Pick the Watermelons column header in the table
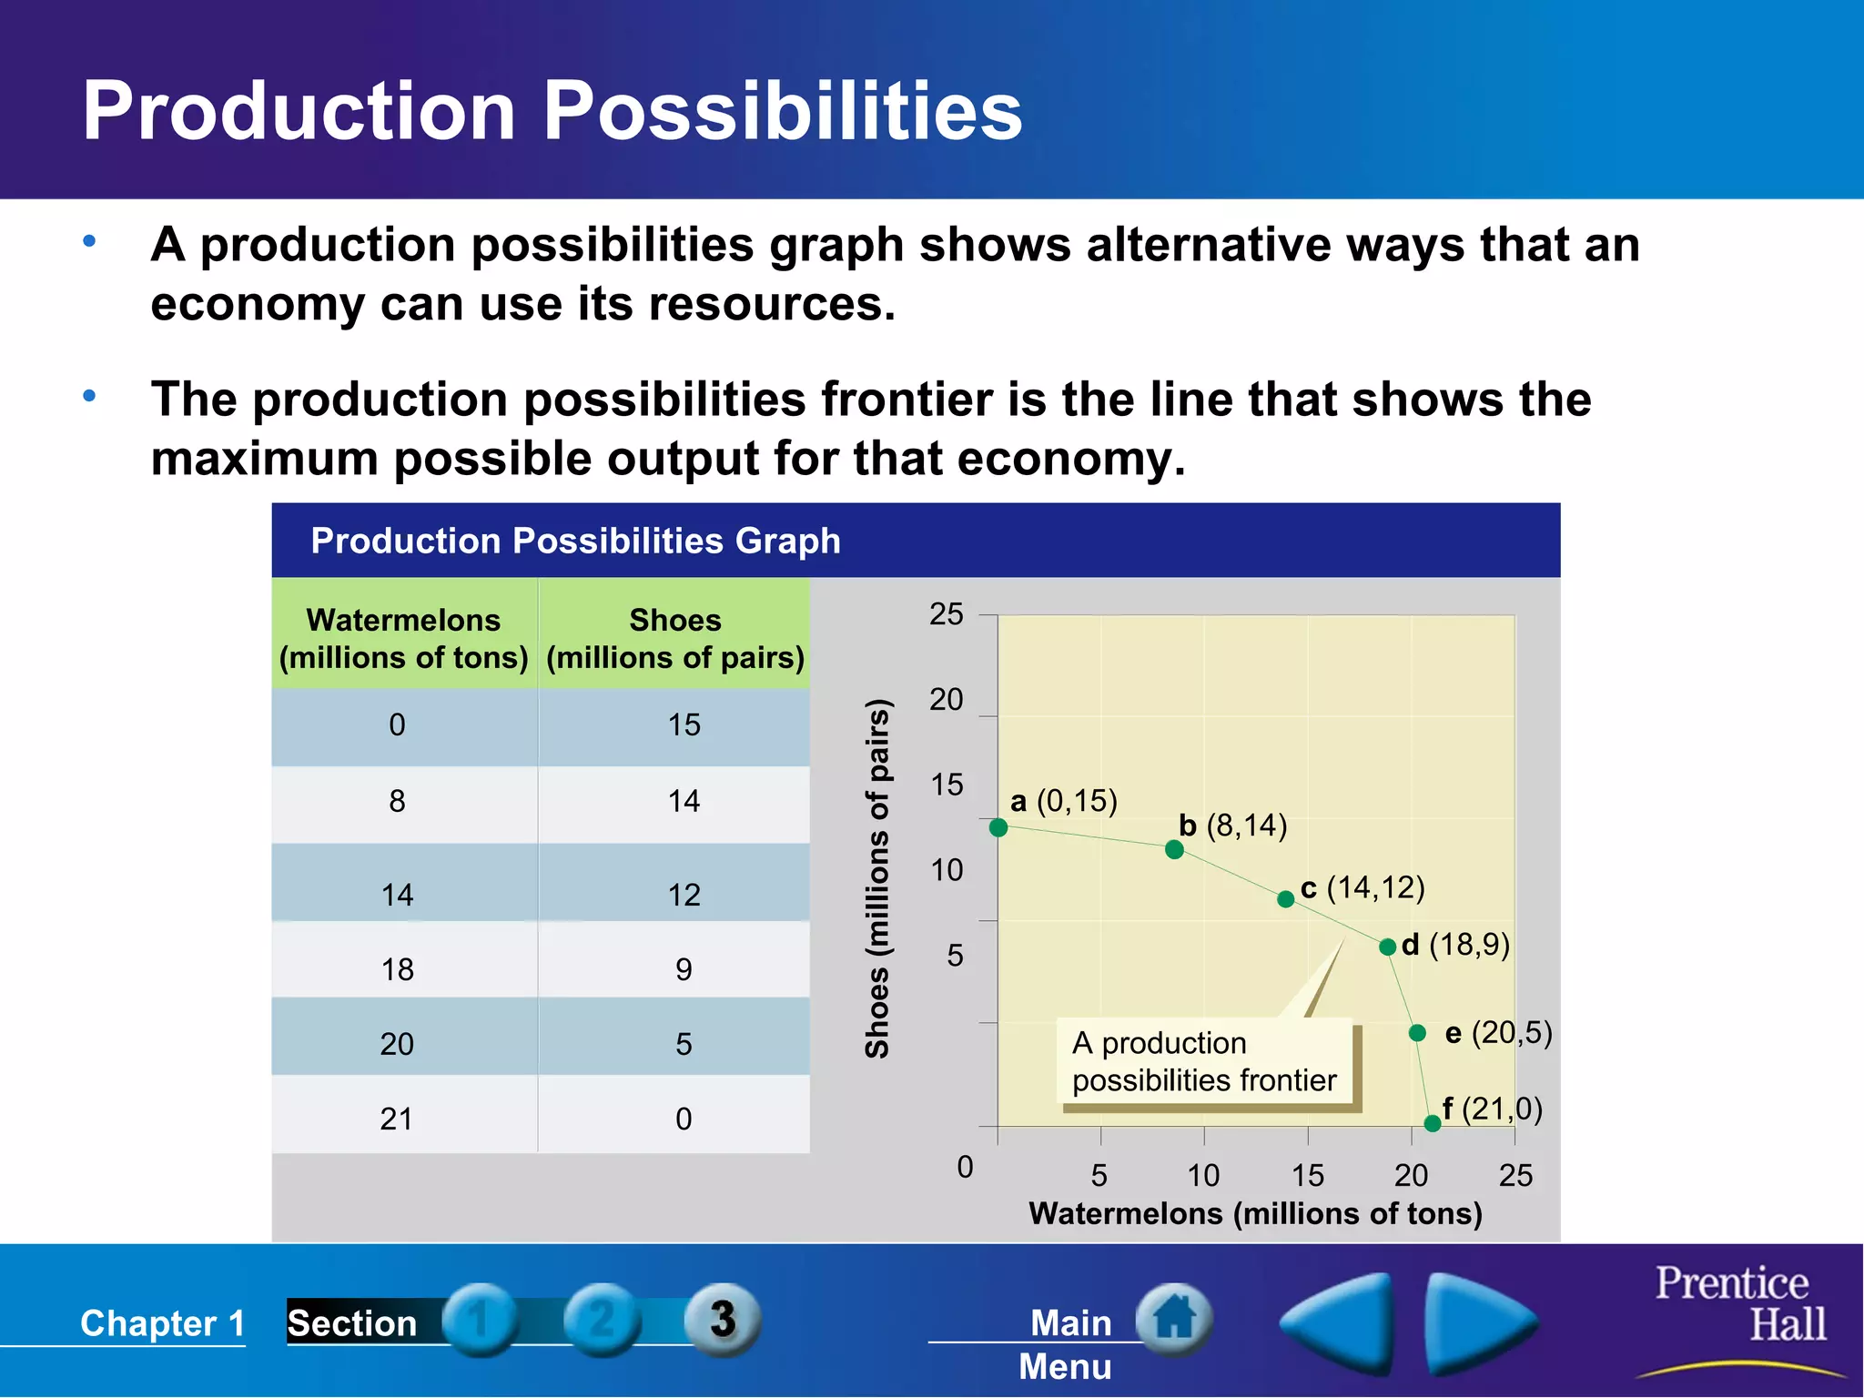(403, 638)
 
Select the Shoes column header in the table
(674, 638)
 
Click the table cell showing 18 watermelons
(398, 969)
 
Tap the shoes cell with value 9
(684, 969)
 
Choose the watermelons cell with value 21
(397, 1119)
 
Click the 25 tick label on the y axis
(946, 614)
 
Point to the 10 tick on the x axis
(1203, 1176)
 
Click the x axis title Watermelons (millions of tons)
(1255, 1213)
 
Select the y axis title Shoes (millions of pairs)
(876, 878)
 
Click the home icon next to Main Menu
(1174, 1318)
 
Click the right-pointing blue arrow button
(1479, 1322)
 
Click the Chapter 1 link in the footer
(162, 1323)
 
